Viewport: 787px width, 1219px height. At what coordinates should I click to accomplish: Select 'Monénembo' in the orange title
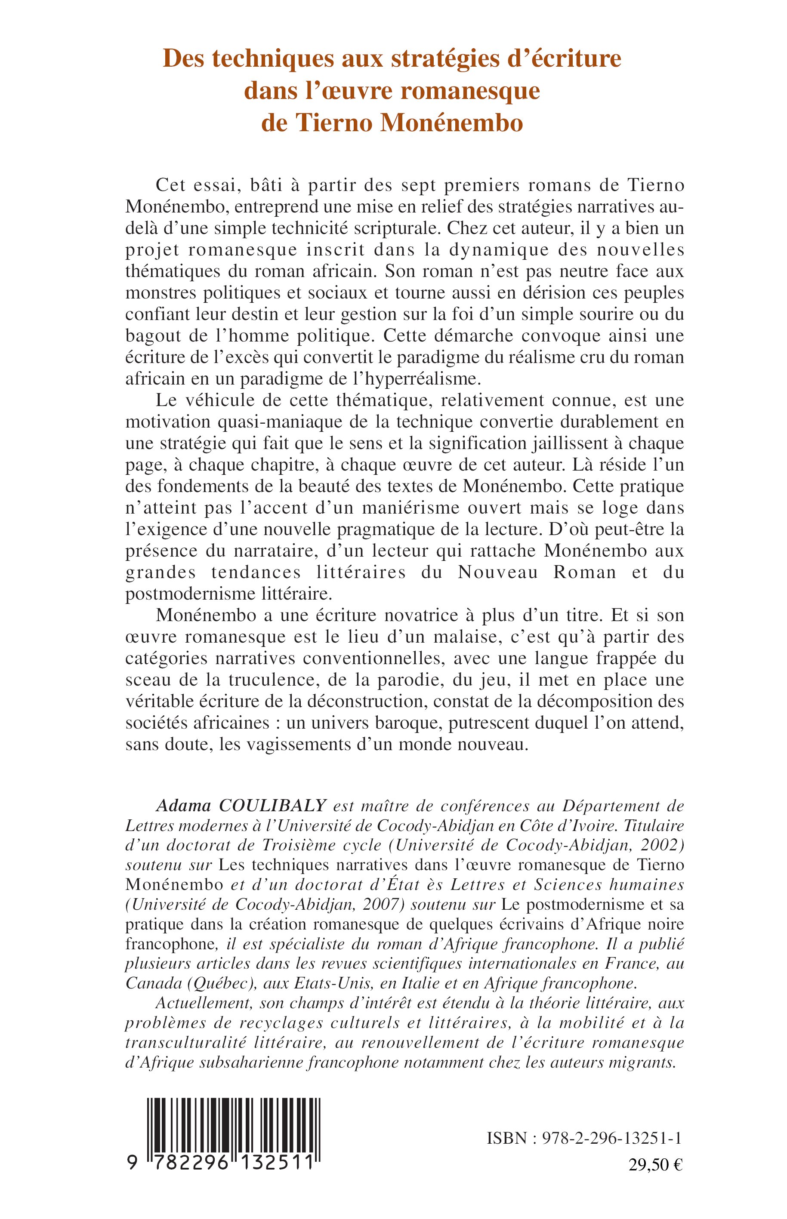click(x=451, y=123)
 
